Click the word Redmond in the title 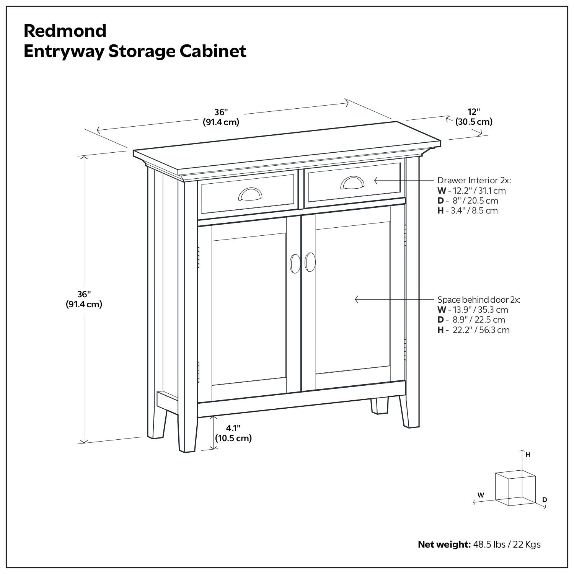(65, 31)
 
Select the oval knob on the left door (295, 264)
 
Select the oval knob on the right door (310, 262)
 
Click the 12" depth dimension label (473, 117)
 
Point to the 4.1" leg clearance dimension (233, 433)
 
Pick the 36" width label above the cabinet (221, 117)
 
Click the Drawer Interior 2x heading (474, 180)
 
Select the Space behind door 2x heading (479, 300)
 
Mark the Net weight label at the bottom (444, 544)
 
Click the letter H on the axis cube (528, 455)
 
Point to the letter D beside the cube (545, 500)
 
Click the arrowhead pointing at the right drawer (376, 180)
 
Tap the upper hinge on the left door (198, 257)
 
